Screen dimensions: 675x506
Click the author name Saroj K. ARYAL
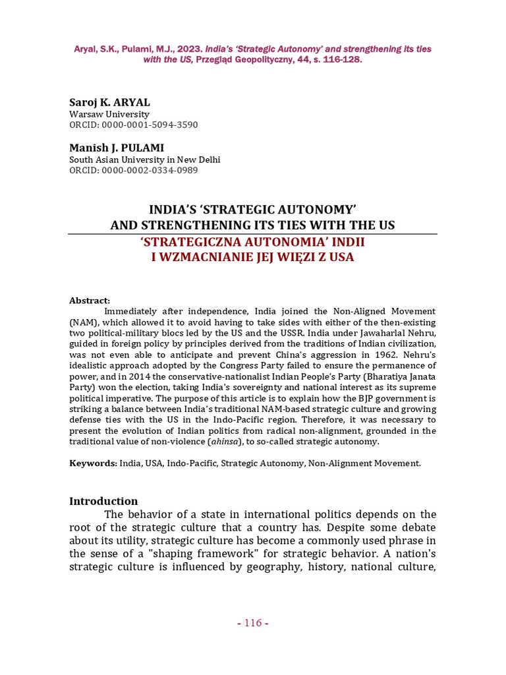[x=109, y=103]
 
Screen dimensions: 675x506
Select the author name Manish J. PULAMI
[x=117, y=148]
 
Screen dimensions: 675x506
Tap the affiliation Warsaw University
[x=109, y=114]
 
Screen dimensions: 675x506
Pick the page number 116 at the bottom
[x=252, y=623]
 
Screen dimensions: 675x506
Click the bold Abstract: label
[x=90, y=301]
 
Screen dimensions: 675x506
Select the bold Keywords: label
[x=93, y=463]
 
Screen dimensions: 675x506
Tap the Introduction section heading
[x=103, y=501]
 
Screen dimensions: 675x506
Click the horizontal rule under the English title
[x=253, y=234]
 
